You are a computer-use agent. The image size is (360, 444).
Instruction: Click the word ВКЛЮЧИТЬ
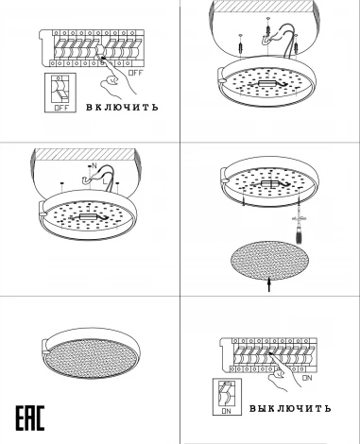pyautogui.click(x=122, y=107)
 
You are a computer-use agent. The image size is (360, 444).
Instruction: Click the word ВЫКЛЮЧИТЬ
pyautogui.click(x=290, y=408)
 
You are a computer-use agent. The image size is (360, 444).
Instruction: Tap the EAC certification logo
pyautogui.click(x=30, y=418)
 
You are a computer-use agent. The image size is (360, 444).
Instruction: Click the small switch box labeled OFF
pyautogui.click(x=60, y=93)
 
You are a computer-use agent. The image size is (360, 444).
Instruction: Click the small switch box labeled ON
pyautogui.click(x=227, y=397)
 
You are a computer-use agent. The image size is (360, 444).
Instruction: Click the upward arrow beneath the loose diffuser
pyautogui.click(x=269, y=284)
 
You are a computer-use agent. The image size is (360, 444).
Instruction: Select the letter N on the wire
pyautogui.click(x=94, y=165)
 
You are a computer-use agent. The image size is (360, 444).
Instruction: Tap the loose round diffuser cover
pyautogui.click(x=269, y=261)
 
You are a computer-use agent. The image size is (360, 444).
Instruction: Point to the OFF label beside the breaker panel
pyautogui.click(x=136, y=73)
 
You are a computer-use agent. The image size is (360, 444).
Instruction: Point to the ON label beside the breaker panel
pyautogui.click(x=307, y=378)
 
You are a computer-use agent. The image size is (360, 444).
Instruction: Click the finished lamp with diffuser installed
pyautogui.click(x=91, y=353)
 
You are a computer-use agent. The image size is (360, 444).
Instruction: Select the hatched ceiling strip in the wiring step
pyautogui.click(x=84, y=154)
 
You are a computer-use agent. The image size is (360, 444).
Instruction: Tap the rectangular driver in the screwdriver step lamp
pyautogui.click(x=269, y=183)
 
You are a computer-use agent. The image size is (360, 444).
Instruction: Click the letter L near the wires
pyautogui.click(x=105, y=181)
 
